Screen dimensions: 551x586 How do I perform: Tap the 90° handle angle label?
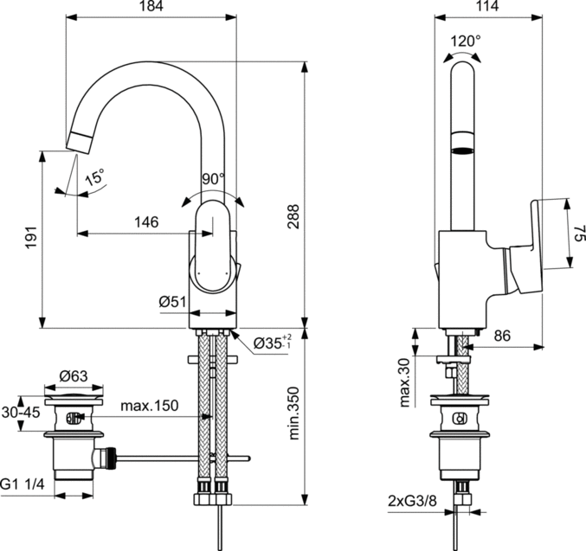pyautogui.click(x=213, y=179)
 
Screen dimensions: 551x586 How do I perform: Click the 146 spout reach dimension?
pyautogui.click(x=145, y=222)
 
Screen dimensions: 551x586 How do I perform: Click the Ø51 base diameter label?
pyautogui.click(x=174, y=302)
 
